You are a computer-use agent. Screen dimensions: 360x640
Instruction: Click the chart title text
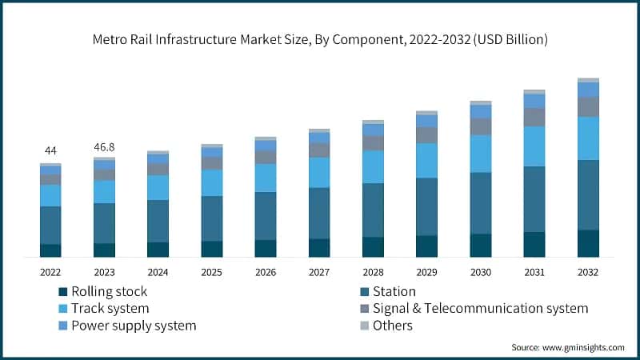click(x=320, y=39)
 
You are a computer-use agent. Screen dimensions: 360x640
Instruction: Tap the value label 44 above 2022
click(x=50, y=151)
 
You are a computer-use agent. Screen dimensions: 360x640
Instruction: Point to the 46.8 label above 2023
click(x=104, y=147)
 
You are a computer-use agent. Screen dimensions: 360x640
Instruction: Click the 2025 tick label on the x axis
click(x=212, y=273)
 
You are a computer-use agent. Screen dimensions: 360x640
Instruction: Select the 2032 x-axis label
click(x=588, y=273)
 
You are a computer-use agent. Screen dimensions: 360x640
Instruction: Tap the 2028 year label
click(x=373, y=273)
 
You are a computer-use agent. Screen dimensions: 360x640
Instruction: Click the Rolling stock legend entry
click(x=102, y=292)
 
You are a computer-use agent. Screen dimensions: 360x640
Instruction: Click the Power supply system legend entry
click(x=126, y=326)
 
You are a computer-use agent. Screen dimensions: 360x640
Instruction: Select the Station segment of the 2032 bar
click(x=588, y=194)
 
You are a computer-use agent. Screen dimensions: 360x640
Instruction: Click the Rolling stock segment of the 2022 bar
click(x=50, y=250)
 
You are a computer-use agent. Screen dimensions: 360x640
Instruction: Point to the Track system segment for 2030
click(x=481, y=154)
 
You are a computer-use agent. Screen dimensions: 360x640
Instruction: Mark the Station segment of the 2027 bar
click(x=319, y=213)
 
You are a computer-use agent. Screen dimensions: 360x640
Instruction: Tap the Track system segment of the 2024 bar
click(x=158, y=187)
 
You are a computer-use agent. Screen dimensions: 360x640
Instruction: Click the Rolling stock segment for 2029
click(x=426, y=246)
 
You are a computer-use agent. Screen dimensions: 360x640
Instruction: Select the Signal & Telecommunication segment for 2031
click(x=534, y=117)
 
